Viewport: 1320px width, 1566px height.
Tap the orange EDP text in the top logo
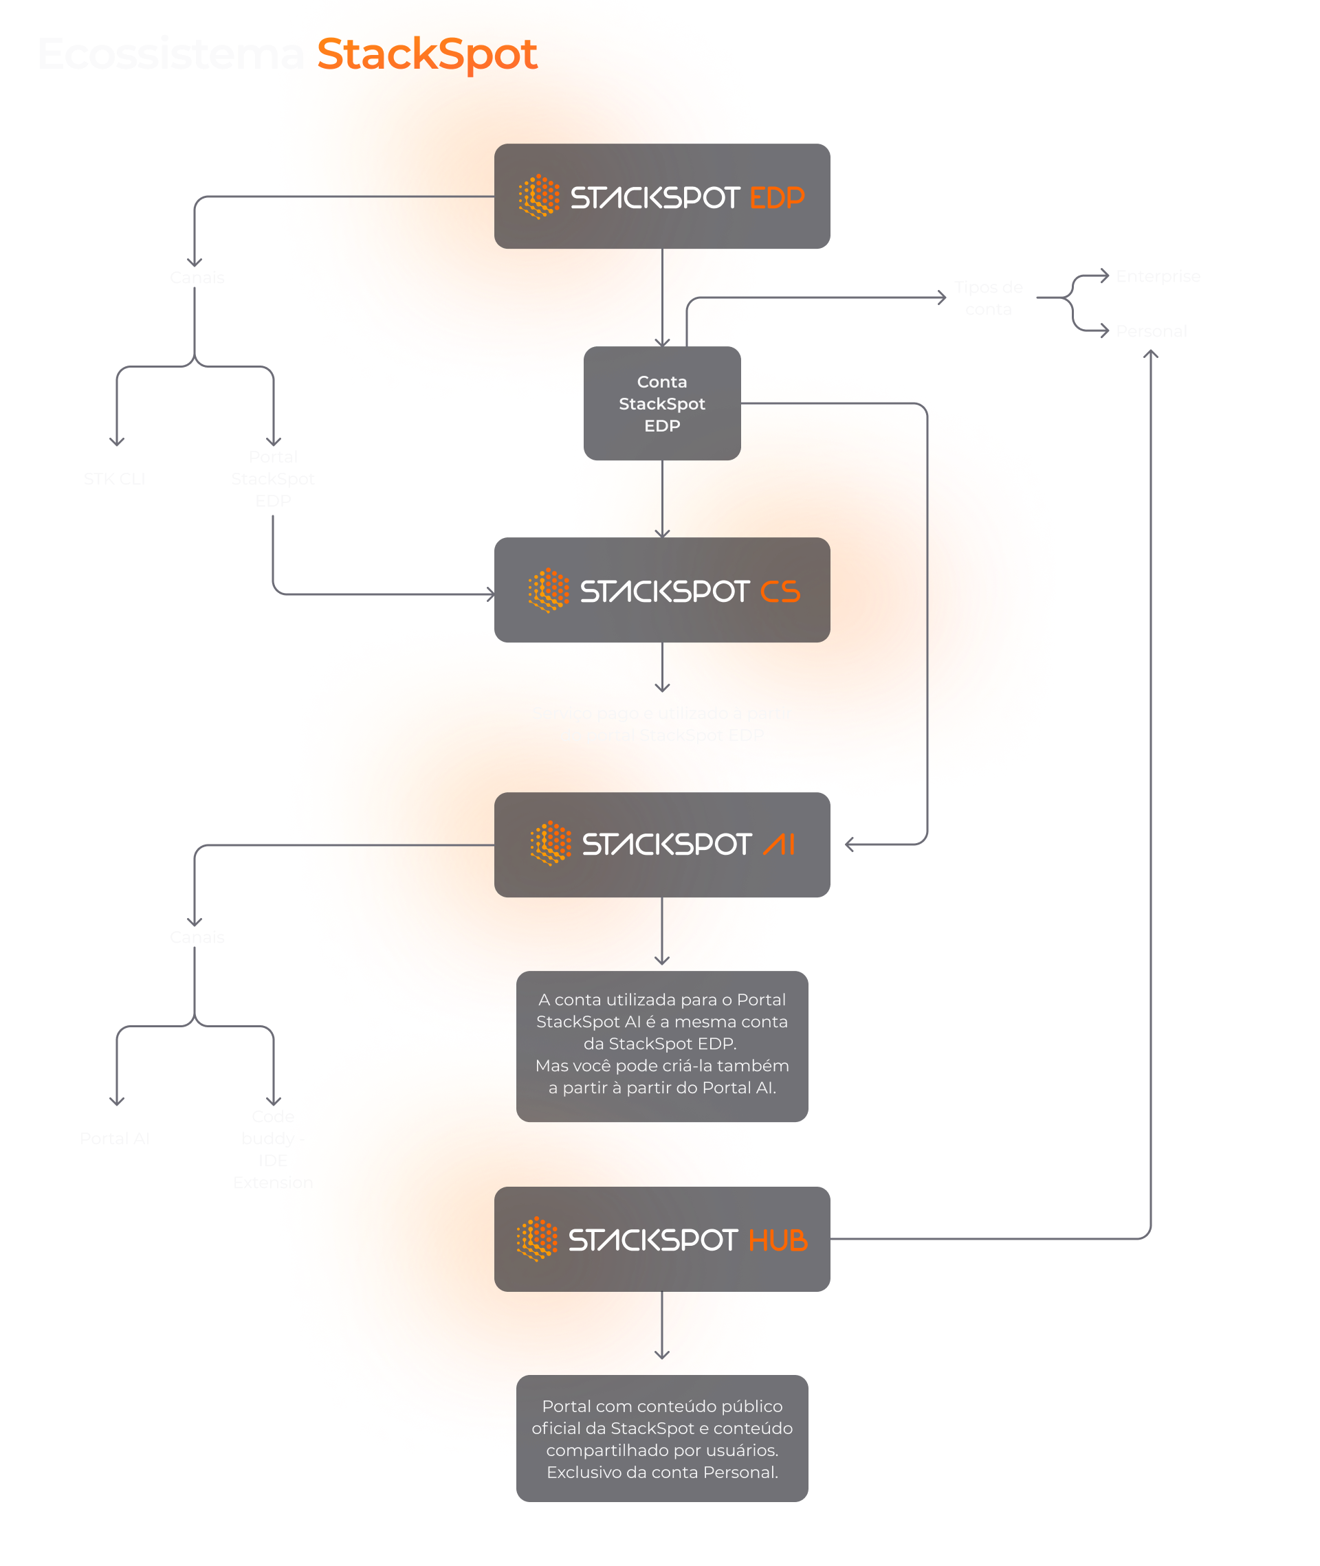point(776,197)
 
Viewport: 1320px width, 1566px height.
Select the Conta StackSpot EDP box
point(661,404)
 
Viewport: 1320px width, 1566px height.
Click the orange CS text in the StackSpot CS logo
point(780,592)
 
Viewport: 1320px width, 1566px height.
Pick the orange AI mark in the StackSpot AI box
point(779,845)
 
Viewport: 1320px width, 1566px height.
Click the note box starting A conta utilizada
point(661,1046)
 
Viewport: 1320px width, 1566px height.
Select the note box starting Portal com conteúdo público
point(661,1438)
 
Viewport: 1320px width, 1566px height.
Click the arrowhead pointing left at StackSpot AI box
point(849,844)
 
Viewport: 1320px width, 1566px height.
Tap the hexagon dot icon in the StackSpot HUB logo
point(536,1239)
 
